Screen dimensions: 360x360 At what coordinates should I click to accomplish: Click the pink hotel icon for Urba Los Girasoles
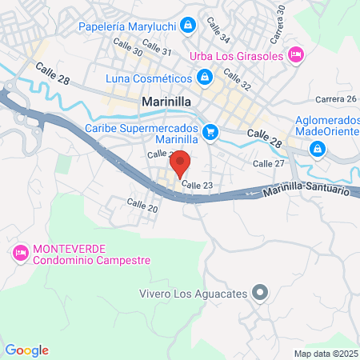[x=294, y=54]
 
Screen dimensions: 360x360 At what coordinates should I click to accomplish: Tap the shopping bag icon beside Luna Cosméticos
[x=205, y=78]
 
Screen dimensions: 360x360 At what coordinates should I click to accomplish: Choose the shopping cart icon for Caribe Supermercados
[x=210, y=132]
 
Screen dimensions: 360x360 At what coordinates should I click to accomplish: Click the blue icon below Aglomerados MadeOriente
[x=318, y=148]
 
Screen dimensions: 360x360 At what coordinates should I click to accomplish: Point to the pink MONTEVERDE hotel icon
[x=20, y=253]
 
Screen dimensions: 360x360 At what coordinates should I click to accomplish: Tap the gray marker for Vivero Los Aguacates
[x=258, y=293]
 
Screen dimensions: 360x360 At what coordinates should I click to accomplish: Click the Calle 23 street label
[x=197, y=186]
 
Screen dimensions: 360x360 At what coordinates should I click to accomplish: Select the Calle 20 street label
[x=142, y=205]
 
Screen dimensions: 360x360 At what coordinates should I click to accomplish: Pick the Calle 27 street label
[x=269, y=163]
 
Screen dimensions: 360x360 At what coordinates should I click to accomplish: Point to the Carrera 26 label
[x=336, y=99]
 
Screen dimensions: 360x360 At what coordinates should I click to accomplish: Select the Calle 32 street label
[x=237, y=78]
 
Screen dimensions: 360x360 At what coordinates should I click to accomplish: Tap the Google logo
[x=26, y=350]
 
